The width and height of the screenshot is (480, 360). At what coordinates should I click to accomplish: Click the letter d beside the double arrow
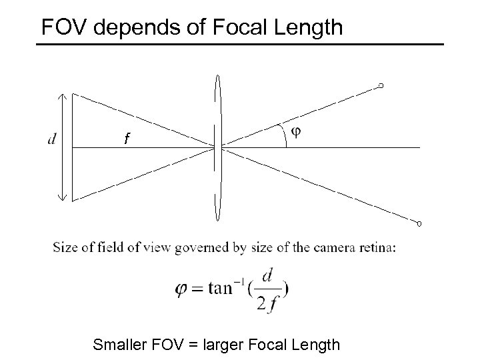click(52, 139)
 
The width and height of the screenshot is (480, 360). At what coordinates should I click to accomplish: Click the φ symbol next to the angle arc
click(296, 131)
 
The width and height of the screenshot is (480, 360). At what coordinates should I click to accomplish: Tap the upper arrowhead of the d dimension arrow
click(62, 96)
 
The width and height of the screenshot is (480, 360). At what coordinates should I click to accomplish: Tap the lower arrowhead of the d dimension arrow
click(62, 197)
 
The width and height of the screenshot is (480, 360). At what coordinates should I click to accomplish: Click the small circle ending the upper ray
click(381, 85)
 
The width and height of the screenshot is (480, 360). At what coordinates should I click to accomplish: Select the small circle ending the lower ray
click(420, 223)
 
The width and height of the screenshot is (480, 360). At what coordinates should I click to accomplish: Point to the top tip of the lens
click(217, 75)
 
